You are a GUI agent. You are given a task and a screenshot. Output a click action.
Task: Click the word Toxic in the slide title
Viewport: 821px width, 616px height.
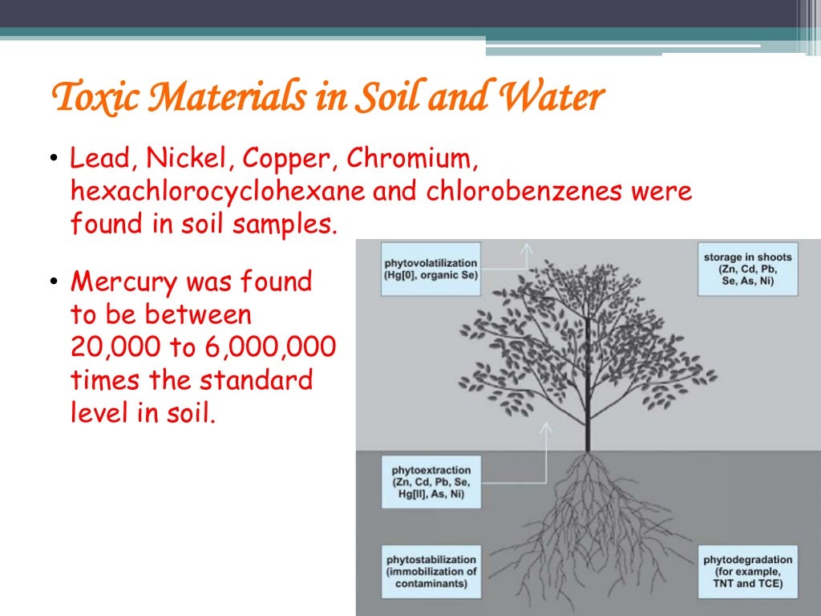(x=87, y=99)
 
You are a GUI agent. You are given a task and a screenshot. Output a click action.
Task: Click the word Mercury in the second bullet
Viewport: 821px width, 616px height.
(x=122, y=282)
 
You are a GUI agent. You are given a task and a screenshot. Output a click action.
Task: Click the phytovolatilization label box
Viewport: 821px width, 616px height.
(x=431, y=269)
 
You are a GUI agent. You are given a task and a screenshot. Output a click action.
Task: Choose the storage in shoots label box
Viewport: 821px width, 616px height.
(x=748, y=269)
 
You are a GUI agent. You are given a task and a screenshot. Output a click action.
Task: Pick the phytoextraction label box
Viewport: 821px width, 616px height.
(x=431, y=481)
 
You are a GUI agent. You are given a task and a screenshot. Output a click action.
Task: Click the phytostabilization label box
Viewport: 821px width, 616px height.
(x=431, y=571)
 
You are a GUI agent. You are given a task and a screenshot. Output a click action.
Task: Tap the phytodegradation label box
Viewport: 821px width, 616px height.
(x=748, y=571)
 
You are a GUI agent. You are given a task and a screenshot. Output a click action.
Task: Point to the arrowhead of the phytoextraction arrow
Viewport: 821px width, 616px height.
(x=548, y=428)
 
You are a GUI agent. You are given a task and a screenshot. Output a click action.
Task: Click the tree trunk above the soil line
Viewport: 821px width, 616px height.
(x=588, y=401)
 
